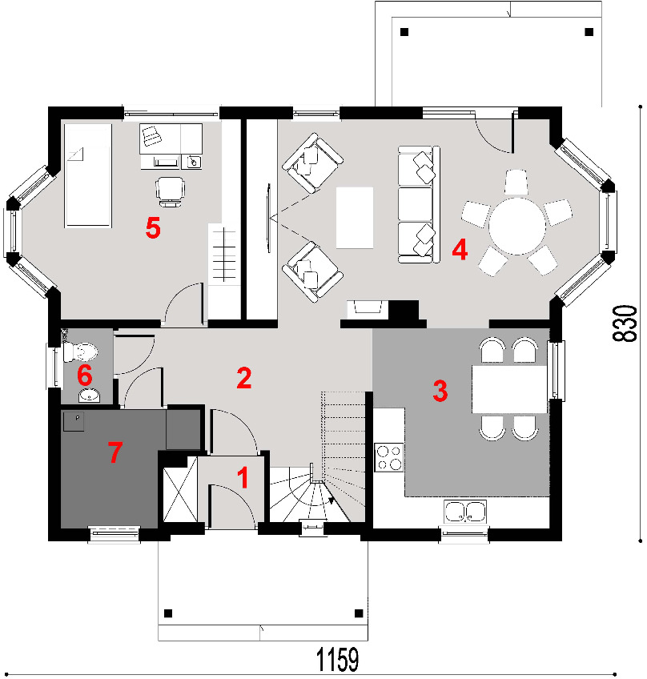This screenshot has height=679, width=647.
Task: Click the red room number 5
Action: point(153,227)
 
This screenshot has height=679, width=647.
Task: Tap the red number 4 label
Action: point(460,250)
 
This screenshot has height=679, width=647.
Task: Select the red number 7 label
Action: point(115,452)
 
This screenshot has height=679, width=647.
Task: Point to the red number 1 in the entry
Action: point(243,477)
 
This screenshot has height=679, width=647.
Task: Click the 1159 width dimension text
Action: point(338,660)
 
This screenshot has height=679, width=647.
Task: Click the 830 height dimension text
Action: point(625,323)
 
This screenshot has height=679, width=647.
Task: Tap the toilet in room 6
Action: point(81,352)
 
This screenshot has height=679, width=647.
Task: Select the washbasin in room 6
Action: point(89,395)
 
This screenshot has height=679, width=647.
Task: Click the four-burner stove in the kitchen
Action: point(388,457)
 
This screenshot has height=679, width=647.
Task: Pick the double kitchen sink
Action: point(465,511)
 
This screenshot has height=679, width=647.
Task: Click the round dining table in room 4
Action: point(517,226)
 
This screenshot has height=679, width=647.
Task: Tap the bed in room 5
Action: point(88,175)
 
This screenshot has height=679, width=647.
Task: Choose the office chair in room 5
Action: point(171,191)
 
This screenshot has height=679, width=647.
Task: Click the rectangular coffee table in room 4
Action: point(355,218)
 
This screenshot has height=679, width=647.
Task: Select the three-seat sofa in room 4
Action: point(419,204)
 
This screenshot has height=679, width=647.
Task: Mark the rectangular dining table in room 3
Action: point(509,389)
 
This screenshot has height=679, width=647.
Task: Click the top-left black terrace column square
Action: point(404,32)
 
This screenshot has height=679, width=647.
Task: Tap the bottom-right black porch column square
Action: point(359,613)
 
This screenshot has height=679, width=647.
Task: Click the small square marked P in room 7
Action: point(74,421)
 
